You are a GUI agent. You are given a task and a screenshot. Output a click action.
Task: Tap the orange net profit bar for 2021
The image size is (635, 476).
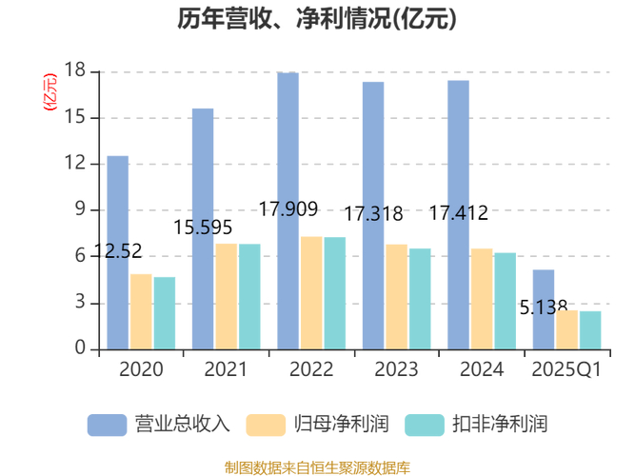[227, 296]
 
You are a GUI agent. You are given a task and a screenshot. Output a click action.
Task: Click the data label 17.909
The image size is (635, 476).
[288, 209]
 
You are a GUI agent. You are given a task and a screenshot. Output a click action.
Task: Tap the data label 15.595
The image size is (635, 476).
[203, 228]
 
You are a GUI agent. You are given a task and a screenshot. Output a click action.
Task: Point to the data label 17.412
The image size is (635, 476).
[458, 213]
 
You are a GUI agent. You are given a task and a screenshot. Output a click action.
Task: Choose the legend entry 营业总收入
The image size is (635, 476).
[159, 424]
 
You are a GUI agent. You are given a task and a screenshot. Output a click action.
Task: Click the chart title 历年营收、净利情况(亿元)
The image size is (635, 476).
[317, 20]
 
